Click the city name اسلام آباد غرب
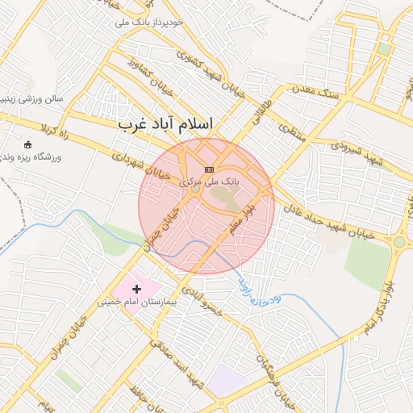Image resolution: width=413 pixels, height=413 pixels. [165, 124]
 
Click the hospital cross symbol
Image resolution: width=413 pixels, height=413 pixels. [136, 288]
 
